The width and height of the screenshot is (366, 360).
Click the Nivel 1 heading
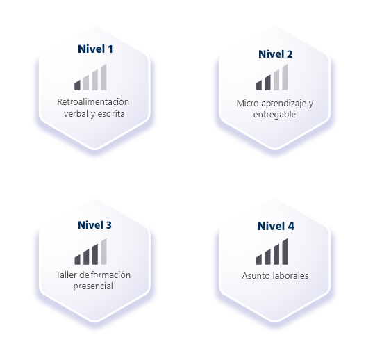tap(95, 49)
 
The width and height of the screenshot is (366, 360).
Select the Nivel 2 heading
tap(276, 54)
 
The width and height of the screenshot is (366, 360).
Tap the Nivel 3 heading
tap(94, 225)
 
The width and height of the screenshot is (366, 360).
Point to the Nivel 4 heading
tap(276, 226)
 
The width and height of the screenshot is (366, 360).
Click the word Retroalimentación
tap(93, 102)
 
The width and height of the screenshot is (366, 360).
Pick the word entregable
tap(274, 115)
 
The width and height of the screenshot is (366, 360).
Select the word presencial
tap(93, 286)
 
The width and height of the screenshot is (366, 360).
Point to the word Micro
tap(247, 104)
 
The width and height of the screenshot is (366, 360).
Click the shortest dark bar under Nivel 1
tap(77, 85)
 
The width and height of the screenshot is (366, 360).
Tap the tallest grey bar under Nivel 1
tap(103, 77)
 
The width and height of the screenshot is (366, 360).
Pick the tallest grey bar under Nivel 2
tap(285, 77)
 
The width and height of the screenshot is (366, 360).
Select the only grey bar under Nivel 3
tap(104, 252)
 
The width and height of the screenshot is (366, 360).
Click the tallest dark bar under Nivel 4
tap(285, 252)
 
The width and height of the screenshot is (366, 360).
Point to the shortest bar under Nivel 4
tap(259, 259)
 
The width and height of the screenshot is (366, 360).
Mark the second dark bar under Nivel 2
tap(267, 83)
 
